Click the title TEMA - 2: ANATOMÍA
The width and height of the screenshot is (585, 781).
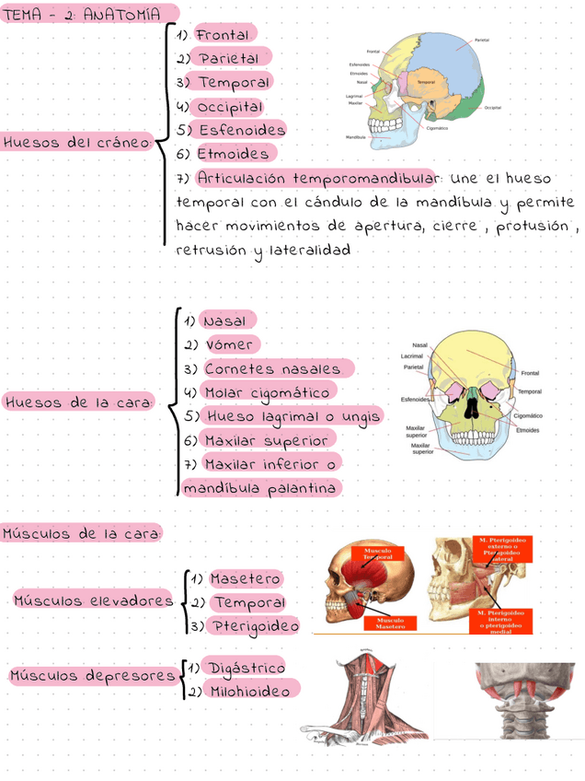click(x=83, y=15)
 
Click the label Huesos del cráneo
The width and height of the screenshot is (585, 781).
click(x=76, y=143)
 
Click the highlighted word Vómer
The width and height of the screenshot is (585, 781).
click(x=230, y=344)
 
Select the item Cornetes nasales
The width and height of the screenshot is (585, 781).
click(x=272, y=368)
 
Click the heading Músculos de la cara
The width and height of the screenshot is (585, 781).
click(x=82, y=533)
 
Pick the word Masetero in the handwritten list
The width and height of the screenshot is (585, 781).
click(x=246, y=579)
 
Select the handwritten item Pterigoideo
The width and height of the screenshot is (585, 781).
click(x=255, y=626)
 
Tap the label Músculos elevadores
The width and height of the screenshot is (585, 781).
click(x=93, y=600)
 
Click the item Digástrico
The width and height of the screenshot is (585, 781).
click(x=247, y=667)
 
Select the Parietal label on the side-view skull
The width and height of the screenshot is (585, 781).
click(x=481, y=41)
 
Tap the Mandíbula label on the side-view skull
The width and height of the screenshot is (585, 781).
click(x=356, y=136)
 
